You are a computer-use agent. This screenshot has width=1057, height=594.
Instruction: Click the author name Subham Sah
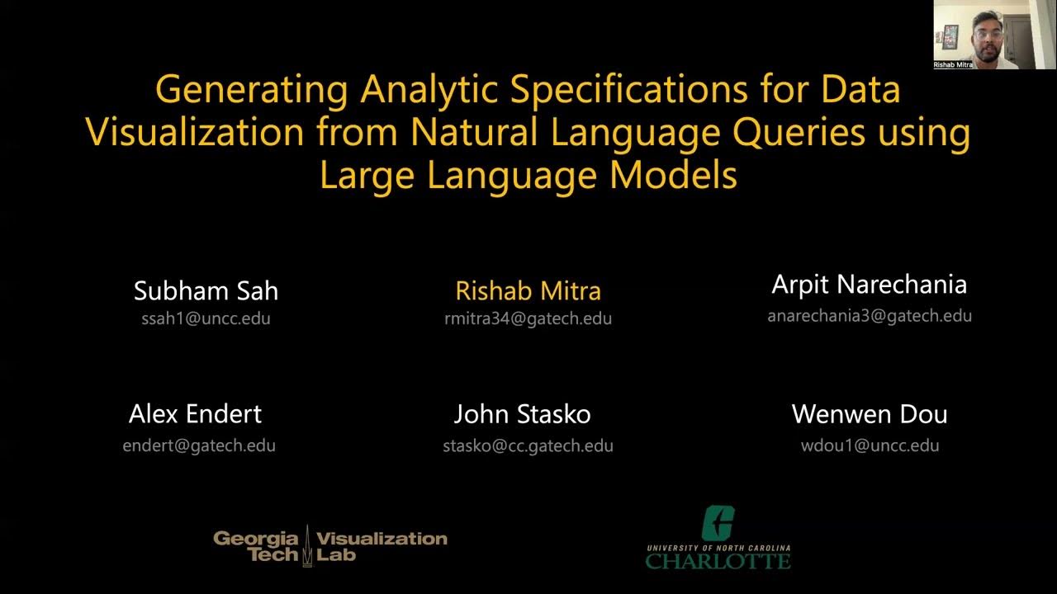pyautogui.click(x=206, y=290)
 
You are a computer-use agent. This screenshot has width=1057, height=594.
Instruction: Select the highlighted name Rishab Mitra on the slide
pyautogui.click(x=528, y=290)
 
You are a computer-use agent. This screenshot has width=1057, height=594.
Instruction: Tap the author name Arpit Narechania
pyautogui.click(x=869, y=285)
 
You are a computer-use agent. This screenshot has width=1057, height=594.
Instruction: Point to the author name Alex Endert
pyautogui.click(x=195, y=413)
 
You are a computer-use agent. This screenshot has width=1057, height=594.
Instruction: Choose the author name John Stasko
pyautogui.click(x=522, y=413)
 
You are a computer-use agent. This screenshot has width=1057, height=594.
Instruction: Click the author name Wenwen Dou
pyautogui.click(x=869, y=413)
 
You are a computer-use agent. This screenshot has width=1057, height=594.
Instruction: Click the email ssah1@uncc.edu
pyautogui.click(x=206, y=318)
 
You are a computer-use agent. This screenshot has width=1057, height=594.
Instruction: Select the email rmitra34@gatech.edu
pyautogui.click(x=528, y=318)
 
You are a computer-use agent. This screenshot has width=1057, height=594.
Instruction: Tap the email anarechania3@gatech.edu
pyautogui.click(x=869, y=315)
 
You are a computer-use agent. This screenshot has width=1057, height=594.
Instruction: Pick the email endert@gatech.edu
pyautogui.click(x=199, y=445)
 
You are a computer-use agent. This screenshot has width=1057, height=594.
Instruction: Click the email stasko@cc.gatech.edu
pyautogui.click(x=528, y=446)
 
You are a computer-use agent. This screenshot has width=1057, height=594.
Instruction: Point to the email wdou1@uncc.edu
pyautogui.click(x=870, y=445)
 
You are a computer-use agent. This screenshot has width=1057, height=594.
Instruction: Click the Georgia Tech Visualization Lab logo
pyautogui.click(x=329, y=545)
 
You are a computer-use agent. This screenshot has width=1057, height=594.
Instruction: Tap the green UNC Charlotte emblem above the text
pyautogui.click(x=718, y=524)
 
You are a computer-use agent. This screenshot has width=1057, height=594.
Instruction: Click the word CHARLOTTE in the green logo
pyautogui.click(x=718, y=561)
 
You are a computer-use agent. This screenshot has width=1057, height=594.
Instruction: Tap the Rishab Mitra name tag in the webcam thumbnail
pyautogui.click(x=952, y=64)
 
